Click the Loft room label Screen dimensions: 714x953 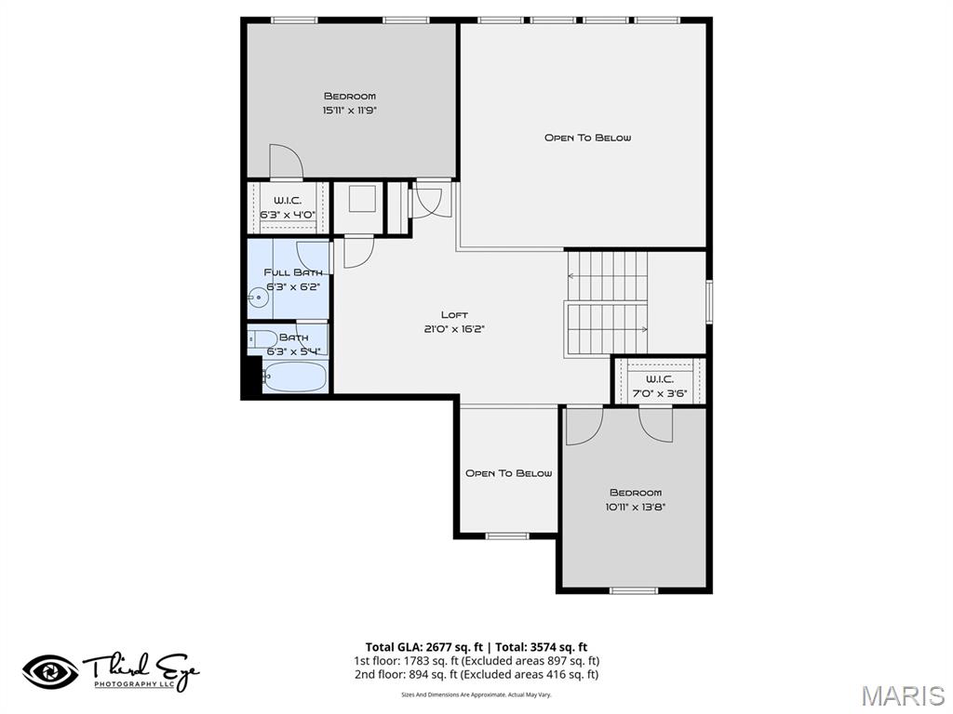click(x=454, y=314)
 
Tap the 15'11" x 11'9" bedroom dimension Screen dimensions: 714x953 click(x=349, y=110)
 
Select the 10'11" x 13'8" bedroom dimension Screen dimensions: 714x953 click(x=636, y=507)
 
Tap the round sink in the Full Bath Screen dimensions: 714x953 click(x=257, y=298)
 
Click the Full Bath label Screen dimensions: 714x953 click(x=293, y=272)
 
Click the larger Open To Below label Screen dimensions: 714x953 click(x=587, y=138)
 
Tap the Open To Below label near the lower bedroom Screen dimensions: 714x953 click(x=508, y=473)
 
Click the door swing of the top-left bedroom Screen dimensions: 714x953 click(x=285, y=162)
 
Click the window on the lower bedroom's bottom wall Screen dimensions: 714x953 click(x=634, y=589)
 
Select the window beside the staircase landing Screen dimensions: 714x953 click(x=709, y=302)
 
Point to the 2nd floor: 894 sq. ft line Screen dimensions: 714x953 click(x=476, y=675)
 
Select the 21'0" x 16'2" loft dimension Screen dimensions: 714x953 click(x=454, y=328)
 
